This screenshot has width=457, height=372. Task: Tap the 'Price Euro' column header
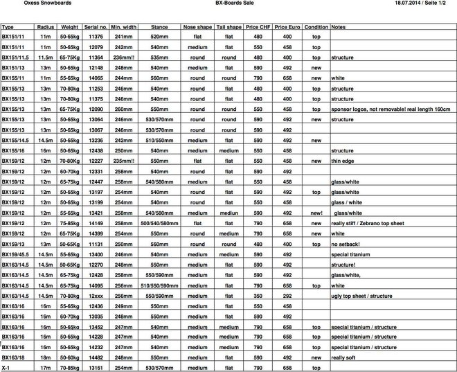point(287,26)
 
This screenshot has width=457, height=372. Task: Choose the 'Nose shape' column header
point(197,26)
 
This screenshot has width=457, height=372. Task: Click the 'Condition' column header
point(316,26)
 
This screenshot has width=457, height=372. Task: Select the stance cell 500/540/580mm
point(159,224)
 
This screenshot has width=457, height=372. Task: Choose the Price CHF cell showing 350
point(258,295)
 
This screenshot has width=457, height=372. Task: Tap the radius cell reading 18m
point(46,357)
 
